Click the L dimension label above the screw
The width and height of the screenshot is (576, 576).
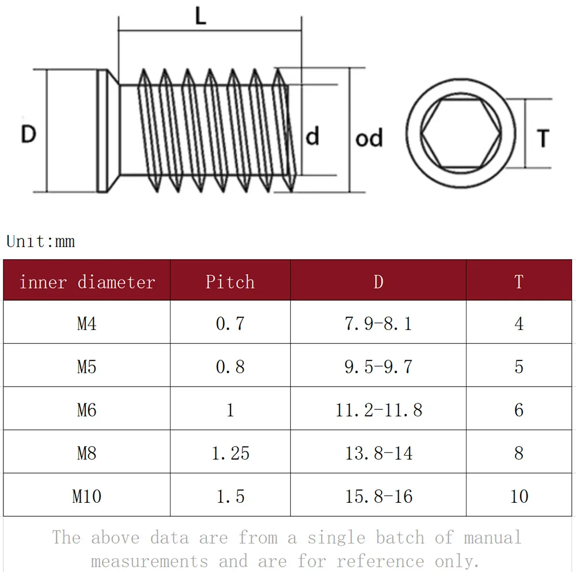[x=200, y=16]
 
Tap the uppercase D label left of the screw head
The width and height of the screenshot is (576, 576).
[x=29, y=134]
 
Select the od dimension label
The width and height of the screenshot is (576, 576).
[x=369, y=138]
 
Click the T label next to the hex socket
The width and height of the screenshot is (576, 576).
[x=543, y=138]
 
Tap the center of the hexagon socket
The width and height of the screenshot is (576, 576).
[x=461, y=134]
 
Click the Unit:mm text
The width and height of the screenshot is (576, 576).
[x=40, y=241]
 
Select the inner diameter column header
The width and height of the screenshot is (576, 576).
[x=87, y=282]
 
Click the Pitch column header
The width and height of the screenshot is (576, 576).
[x=230, y=282]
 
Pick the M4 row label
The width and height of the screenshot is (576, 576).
[x=87, y=324]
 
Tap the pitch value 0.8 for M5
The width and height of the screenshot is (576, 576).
[x=230, y=366]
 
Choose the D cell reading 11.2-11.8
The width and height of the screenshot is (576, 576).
[x=379, y=410]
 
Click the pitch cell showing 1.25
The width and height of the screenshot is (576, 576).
[x=230, y=453]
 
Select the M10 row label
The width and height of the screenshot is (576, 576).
[x=87, y=497]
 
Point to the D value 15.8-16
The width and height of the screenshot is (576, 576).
[x=379, y=497]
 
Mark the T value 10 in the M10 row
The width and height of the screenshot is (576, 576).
[x=519, y=497]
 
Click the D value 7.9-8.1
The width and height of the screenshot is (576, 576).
[x=378, y=324]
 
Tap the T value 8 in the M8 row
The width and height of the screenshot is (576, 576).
[x=519, y=453]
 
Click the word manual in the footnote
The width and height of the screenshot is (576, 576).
[x=492, y=537]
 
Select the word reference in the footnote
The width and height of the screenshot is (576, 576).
[x=380, y=561]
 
